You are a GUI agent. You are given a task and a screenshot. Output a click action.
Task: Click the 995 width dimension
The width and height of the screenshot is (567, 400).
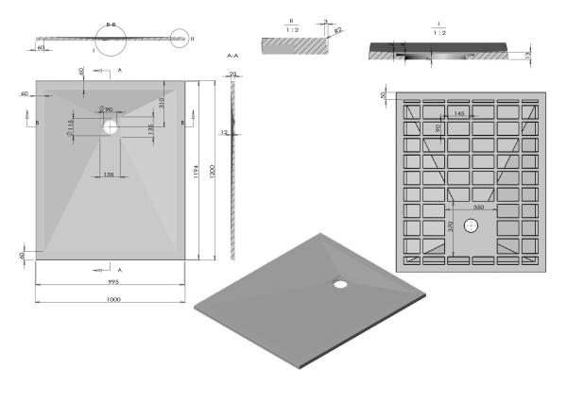click(112, 280)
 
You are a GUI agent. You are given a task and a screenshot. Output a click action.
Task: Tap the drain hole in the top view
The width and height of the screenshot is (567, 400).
click(111, 125)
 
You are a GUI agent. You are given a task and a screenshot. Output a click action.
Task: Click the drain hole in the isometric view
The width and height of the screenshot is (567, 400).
click(340, 280)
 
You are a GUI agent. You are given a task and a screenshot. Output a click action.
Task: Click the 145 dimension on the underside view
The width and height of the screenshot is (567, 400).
click(457, 113)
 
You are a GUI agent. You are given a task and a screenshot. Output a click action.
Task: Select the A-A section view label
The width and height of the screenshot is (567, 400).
click(232, 57)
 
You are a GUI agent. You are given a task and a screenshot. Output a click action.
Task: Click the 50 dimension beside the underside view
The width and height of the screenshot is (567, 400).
click(384, 95)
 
